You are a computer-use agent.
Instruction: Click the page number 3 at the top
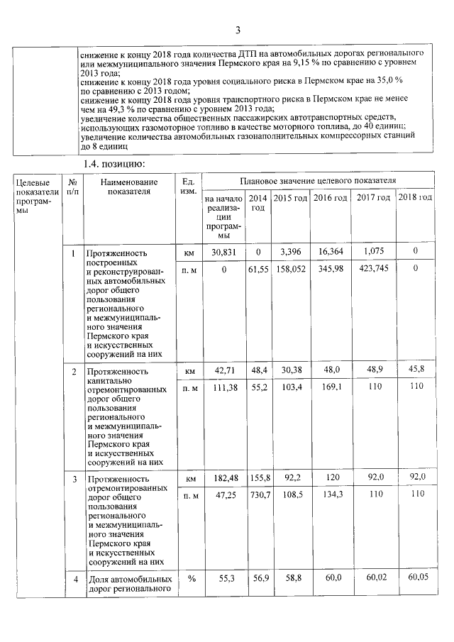pyautogui.click(x=238, y=29)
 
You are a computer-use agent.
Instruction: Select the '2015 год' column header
pyautogui.click(x=291, y=197)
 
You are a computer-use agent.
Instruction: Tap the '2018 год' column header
pyautogui.click(x=415, y=197)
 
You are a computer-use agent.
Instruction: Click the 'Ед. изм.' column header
pyautogui.click(x=188, y=187)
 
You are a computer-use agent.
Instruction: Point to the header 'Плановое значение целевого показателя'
pyautogui.click(x=317, y=181)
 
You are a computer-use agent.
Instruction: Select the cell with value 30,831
pyautogui.click(x=223, y=252)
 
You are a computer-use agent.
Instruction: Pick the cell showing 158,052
pyautogui.click(x=291, y=269)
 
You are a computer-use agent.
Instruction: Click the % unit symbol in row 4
pyautogui.click(x=189, y=580)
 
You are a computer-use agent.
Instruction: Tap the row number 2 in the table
pyautogui.click(x=74, y=371)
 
